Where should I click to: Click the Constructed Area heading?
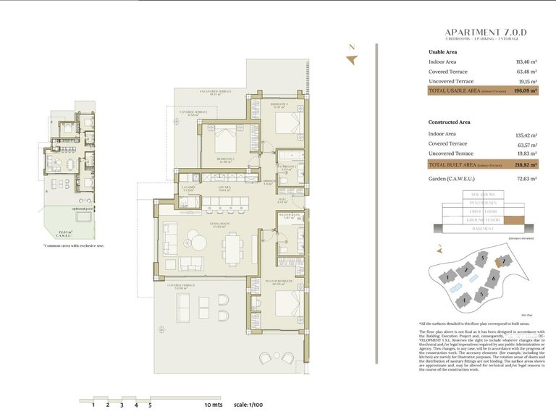(449, 122)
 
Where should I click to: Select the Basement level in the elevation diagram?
(483, 229)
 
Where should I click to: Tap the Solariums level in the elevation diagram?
(483, 195)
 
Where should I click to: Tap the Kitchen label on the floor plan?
(224, 188)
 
